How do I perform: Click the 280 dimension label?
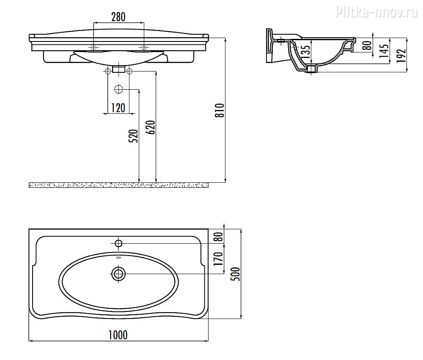click(x=118, y=17)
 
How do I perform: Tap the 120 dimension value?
click(x=118, y=108)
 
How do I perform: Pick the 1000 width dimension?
click(x=118, y=335)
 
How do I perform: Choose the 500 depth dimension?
click(x=236, y=274)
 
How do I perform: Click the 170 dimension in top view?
click(x=219, y=258)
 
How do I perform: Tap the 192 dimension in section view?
click(x=402, y=55)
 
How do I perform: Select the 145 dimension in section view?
click(x=385, y=50)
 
